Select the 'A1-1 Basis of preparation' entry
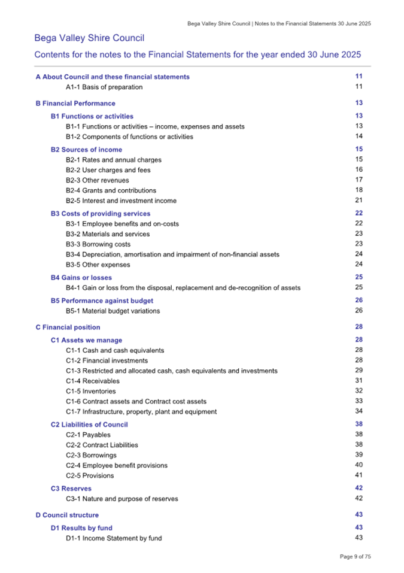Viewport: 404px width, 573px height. (104, 87)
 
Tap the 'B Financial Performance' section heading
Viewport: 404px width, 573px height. (75, 104)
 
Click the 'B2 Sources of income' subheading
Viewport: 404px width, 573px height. (86, 150)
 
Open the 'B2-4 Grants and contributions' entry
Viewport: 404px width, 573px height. (111, 190)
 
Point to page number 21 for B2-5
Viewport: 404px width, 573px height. (359, 200)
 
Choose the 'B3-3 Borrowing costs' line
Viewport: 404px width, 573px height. (98, 244)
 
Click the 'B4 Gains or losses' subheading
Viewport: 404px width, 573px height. (81, 278)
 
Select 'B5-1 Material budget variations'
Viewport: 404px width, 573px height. (113, 311)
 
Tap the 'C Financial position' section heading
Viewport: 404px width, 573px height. (68, 328)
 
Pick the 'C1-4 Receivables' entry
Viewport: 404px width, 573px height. (92, 381)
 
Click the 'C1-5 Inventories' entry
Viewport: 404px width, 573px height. (90, 391)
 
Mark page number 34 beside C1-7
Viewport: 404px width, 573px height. (359, 411)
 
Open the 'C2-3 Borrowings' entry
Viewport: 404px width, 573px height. (91, 455)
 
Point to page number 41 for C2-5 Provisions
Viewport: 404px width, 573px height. (359, 475)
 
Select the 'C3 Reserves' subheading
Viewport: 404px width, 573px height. (71, 489)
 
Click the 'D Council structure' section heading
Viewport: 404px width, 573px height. (67, 515)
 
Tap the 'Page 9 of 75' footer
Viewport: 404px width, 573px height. (356, 557)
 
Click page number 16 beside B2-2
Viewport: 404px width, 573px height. (359, 169)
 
